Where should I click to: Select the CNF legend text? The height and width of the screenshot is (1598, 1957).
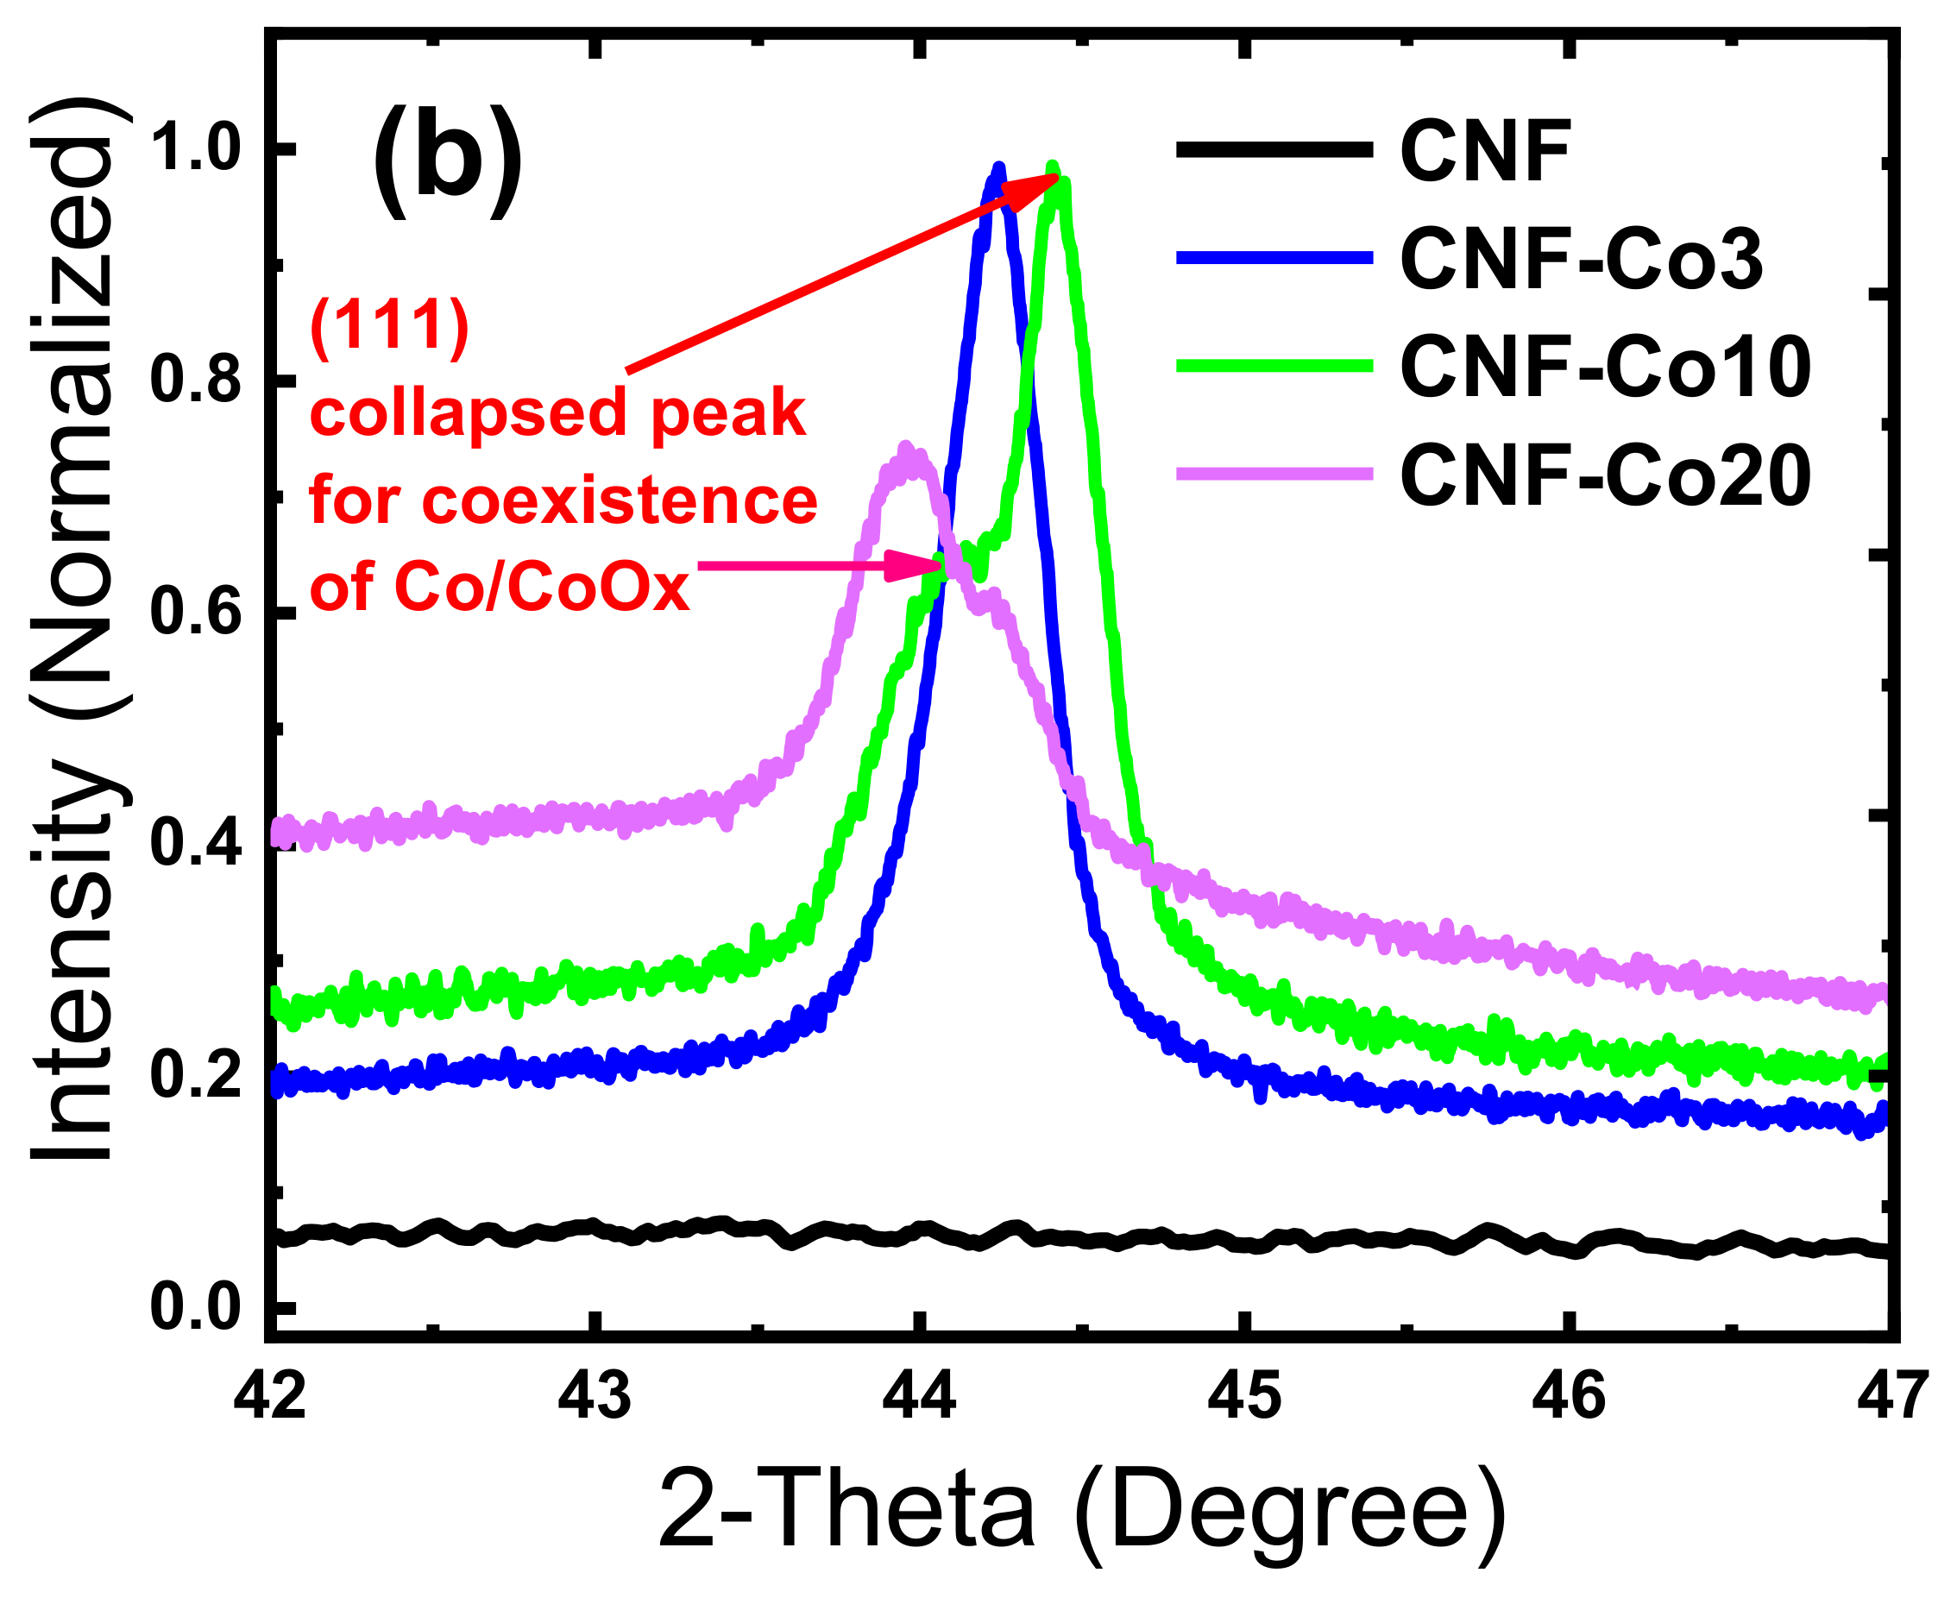1484,152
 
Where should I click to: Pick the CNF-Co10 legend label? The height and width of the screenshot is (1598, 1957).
1605,368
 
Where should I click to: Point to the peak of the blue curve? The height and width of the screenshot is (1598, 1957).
997,169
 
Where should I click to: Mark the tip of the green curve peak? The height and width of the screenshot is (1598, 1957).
1053,167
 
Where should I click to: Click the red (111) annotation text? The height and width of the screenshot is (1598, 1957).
390,328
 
